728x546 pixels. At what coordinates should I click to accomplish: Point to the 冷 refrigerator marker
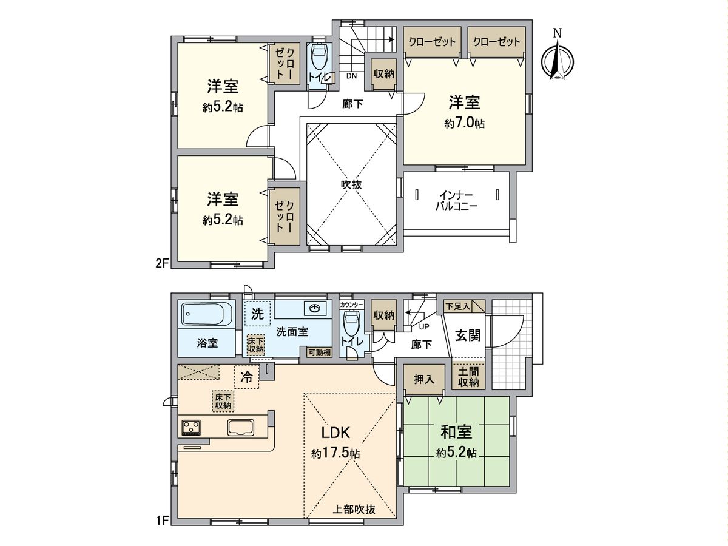coord(247,377)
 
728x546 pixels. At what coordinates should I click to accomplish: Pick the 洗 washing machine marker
coord(257,315)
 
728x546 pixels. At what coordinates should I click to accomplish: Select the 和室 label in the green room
coord(456,433)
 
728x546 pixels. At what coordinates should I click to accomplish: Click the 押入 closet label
coord(424,380)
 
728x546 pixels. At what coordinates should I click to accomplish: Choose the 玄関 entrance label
coord(468,335)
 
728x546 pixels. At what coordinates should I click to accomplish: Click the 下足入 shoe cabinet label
coord(458,306)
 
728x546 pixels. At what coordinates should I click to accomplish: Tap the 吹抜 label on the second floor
coord(351,184)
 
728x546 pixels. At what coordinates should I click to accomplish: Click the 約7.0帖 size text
coord(464,123)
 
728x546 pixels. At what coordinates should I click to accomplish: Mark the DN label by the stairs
coord(352,76)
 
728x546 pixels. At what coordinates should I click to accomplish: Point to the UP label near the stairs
coord(425,326)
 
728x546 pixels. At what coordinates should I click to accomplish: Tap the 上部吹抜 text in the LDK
coord(354,510)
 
